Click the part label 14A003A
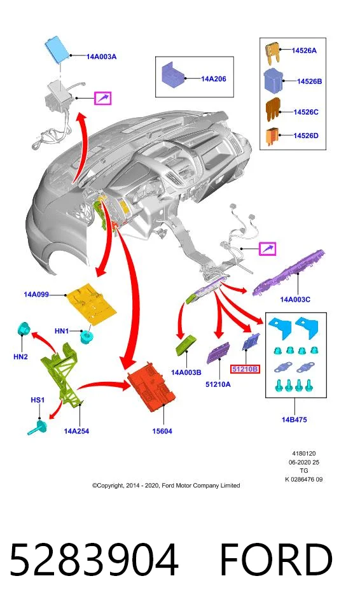pyautogui.click(x=101, y=57)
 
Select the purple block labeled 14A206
pyautogui.click(x=174, y=74)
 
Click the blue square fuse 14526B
pyautogui.click(x=273, y=80)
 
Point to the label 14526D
pyautogui.click(x=306, y=136)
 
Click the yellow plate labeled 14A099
pyautogui.click(x=92, y=302)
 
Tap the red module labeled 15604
pyautogui.click(x=151, y=386)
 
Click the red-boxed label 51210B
pyautogui.click(x=245, y=369)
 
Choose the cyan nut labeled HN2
pyautogui.click(x=25, y=330)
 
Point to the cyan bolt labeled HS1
pyautogui.click(x=38, y=428)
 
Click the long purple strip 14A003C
pyautogui.click(x=289, y=273)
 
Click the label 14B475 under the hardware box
pyautogui.click(x=294, y=419)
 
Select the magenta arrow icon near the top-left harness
pyautogui.click(x=103, y=98)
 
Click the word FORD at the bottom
pyautogui.click(x=276, y=559)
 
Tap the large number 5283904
pyautogui.click(x=94, y=559)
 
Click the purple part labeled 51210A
pyautogui.click(x=218, y=353)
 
